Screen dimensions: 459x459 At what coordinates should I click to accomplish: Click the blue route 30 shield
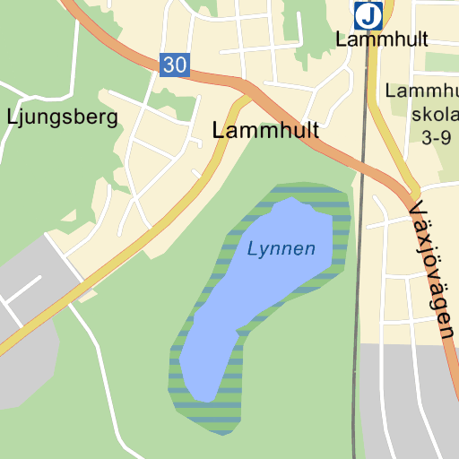176,64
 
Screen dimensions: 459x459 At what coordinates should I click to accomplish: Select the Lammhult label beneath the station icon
381,39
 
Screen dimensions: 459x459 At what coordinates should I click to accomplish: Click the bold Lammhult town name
265,130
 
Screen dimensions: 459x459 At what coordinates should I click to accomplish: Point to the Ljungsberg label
62,117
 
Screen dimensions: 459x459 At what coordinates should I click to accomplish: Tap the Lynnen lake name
281,248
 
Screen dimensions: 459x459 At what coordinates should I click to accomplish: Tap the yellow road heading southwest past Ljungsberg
134,242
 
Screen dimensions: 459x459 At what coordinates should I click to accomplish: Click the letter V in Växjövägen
415,211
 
